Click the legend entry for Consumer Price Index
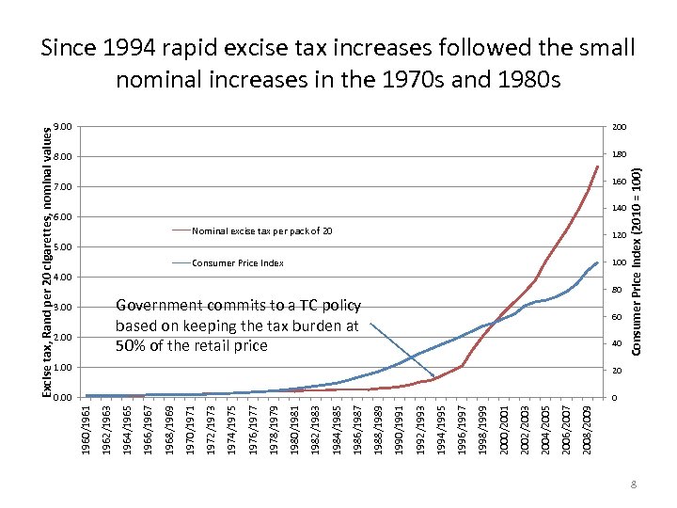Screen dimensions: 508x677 [238, 263]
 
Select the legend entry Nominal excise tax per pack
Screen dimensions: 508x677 [261, 230]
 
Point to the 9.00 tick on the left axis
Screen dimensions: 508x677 [62, 127]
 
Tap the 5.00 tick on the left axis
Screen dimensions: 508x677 [62, 247]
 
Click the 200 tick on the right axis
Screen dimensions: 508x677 [619, 127]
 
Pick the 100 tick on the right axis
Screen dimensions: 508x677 [619, 262]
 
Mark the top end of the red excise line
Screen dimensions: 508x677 [597, 167]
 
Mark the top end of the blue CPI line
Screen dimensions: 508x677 [597, 262]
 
